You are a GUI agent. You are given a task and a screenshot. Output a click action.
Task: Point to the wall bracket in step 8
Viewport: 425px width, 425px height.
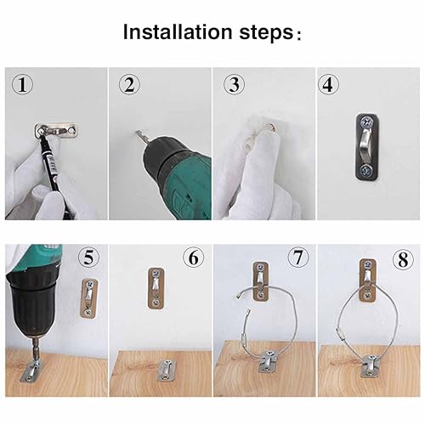click(367, 280)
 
